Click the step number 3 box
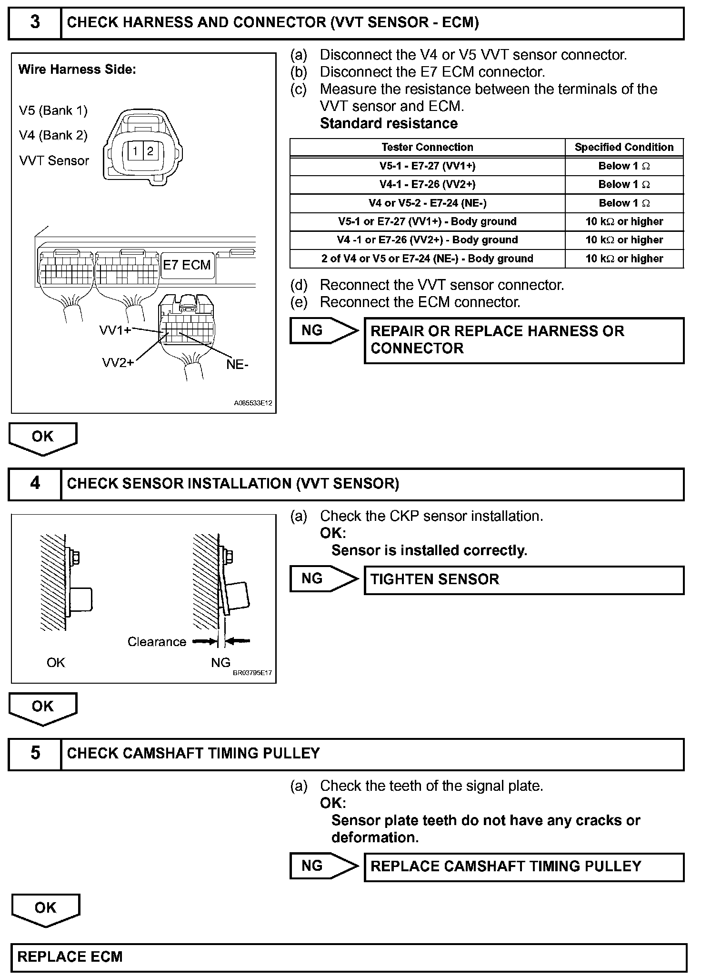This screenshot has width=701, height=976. click(x=35, y=23)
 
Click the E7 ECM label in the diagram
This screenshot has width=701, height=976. click(x=187, y=265)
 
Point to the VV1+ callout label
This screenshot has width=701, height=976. click(x=115, y=330)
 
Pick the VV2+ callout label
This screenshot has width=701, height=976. click(x=118, y=363)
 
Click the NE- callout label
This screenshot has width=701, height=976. click(x=238, y=365)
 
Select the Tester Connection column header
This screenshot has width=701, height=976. click(x=427, y=147)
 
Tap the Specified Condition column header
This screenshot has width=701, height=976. click(x=624, y=147)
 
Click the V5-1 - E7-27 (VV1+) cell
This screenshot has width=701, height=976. click(x=427, y=166)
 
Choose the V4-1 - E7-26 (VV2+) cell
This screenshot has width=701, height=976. click(x=427, y=185)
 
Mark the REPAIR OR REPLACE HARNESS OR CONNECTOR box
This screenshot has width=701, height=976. click(x=524, y=340)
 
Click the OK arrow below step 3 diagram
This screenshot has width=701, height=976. click(x=43, y=438)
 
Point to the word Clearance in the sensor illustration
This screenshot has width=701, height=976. click(x=157, y=642)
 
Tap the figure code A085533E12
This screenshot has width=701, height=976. click(x=253, y=403)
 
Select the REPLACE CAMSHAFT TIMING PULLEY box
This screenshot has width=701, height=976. click(x=524, y=866)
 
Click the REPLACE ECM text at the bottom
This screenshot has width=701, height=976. click(x=70, y=956)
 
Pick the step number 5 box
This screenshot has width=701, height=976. click(x=35, y=753)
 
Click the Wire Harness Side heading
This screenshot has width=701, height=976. click(x=77, y=70)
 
